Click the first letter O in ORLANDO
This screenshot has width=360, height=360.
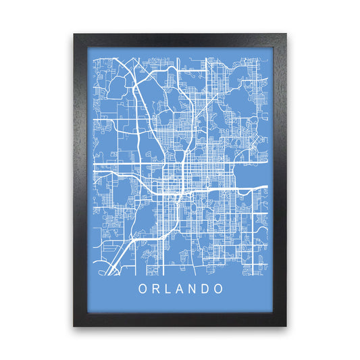point(143,288)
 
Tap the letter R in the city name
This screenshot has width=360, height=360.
point(155,288)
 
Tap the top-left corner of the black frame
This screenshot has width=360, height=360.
point(74,34)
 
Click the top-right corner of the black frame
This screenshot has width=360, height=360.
point(286,34)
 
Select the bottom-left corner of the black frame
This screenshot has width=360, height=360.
point(74,326)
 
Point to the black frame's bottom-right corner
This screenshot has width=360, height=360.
point(286,326)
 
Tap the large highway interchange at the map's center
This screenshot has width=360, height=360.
point(181,162)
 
